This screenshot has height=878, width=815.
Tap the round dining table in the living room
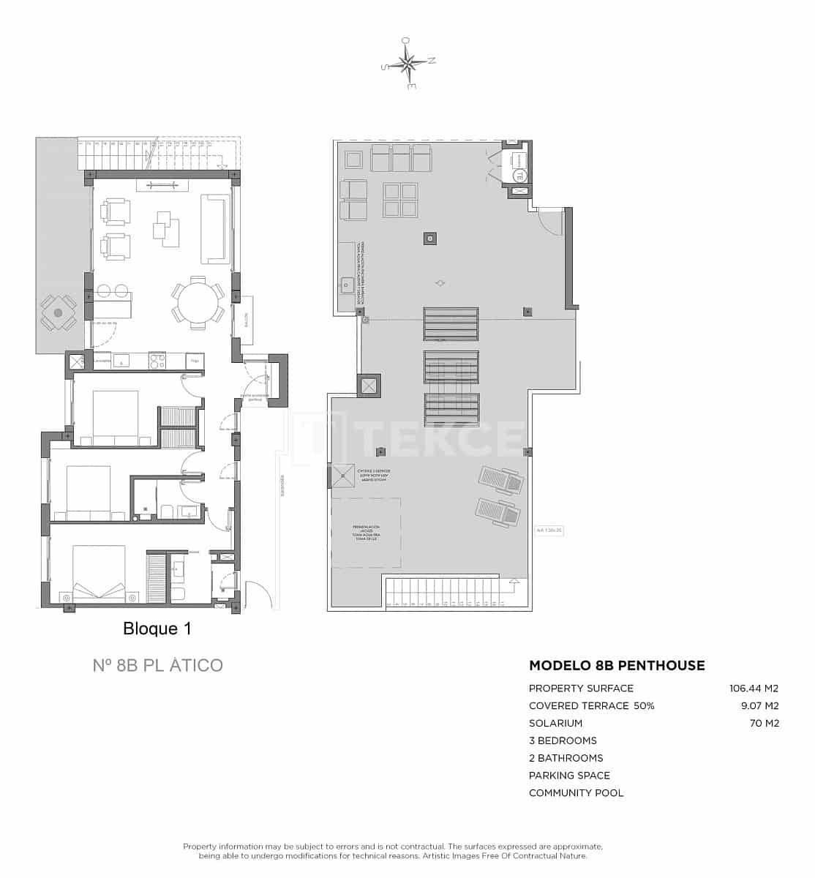pos(198,299)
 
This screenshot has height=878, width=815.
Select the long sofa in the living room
pos(215,228)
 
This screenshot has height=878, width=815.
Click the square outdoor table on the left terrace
pos(58,312)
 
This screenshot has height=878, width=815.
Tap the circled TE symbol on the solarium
pos(519,175)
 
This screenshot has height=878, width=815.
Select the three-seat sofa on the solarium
pos(401,157)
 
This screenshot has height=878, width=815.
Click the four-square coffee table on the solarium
pos(401,200)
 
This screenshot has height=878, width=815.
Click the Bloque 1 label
pos(157,629)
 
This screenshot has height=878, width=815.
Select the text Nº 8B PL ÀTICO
pos(157,665)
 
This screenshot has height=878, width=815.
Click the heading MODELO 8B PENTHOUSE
pos(617,665)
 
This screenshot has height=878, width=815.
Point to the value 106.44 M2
pos(754,688)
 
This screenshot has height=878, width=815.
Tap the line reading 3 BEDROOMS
pos(563,740)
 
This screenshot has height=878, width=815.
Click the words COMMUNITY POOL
pos(576,793)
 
